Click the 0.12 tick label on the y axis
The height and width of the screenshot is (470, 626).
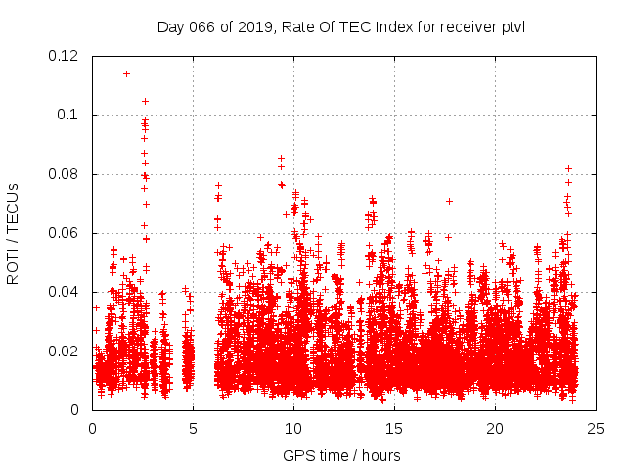[64, 56]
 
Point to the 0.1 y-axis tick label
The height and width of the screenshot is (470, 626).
[68, 115]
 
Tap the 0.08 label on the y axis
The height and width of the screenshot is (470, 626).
[64, 174]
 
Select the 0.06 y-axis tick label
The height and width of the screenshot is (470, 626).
[64, 233]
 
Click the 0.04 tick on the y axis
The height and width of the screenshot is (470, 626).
[64, 292]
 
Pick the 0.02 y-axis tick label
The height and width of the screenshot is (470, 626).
[64, 352]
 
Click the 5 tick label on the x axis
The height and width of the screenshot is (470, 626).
[193, 429]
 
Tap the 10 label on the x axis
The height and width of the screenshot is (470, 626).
[293, 429]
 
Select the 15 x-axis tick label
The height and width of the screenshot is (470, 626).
[394, 429]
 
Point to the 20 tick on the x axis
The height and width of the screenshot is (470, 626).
[495, 429]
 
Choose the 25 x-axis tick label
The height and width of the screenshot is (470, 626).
[596, 429]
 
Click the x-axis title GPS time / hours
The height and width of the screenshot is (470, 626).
[341, 455]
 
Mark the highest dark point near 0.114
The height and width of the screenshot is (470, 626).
[126, 73]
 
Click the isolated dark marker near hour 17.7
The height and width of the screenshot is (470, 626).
[449, 201]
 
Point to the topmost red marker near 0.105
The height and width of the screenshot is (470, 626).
[145, 101]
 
